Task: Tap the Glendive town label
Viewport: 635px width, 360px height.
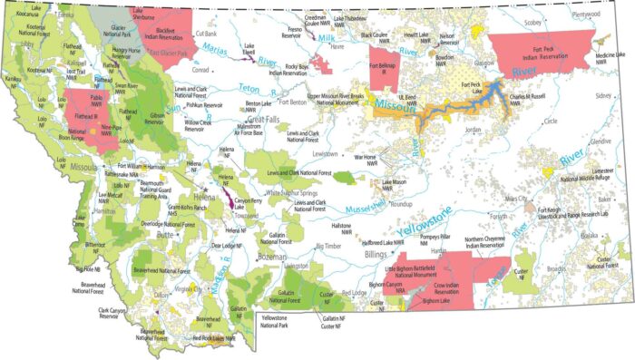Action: tap(601, 142)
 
